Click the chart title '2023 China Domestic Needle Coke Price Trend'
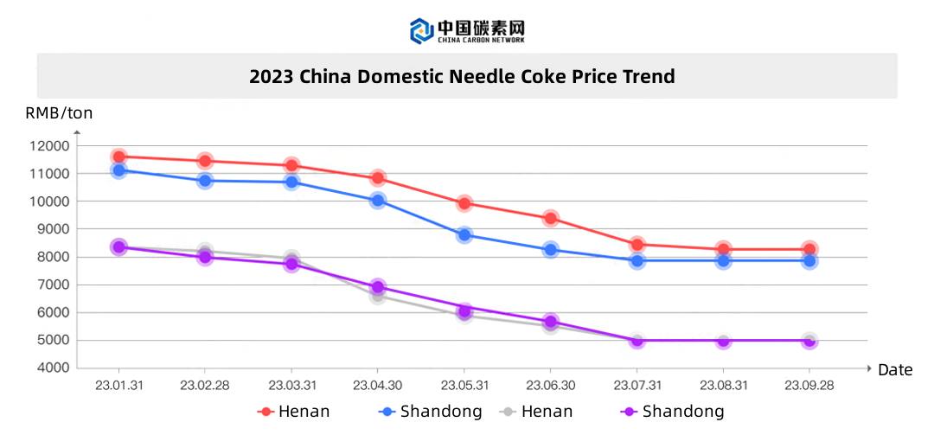click(x=462, y=76)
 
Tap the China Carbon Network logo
click(x=467, y=30)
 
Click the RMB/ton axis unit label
click(x=59, y=112)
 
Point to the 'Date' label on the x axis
click(x=894, y=370)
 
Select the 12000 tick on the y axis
click(x=48, y=146)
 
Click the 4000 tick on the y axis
click(x=51, y=368)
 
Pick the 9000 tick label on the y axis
click(x=51, y=229)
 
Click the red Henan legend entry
click(x=294, y=412)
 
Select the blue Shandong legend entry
click(x=432, y=412)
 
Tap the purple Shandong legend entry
click(x=673, y=412)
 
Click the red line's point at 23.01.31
click(x=119, y=157)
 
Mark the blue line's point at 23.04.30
click(x=378, y=201)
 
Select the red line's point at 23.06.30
click(x=551, y=218)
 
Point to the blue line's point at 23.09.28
click(x=809, y=260)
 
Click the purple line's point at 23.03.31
click(x=291, y=264)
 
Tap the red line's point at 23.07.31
click(x=637, y=245)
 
